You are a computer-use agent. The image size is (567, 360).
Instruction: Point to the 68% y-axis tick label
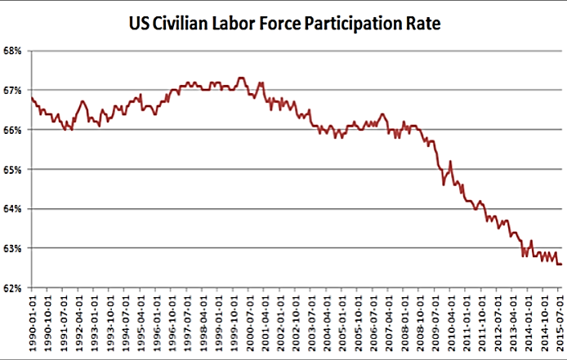coord(13,51)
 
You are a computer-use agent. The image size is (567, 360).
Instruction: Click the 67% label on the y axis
coord(13,90)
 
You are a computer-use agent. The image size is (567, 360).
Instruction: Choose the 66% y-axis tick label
coord(13,130)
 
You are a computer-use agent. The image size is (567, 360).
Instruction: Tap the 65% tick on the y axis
coord(13,169)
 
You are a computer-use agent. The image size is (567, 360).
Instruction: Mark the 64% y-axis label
coord(13,209)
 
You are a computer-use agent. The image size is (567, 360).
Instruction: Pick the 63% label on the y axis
coord(13,248)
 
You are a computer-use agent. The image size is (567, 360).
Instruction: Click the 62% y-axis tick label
coord(13,287)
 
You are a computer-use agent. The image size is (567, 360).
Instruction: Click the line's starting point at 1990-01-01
coord(31,98)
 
